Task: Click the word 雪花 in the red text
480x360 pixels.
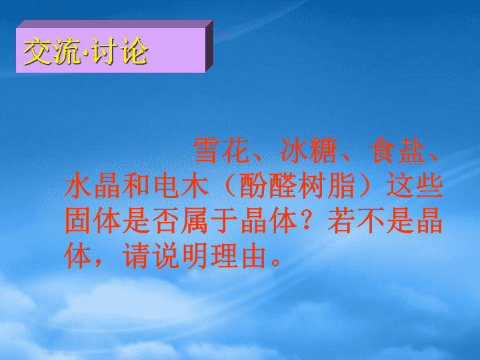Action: (x=221, y=150)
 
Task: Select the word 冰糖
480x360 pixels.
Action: (x=309, y=150)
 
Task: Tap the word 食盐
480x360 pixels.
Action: (x=397, y=150)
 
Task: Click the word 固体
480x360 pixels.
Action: (x=93, y=221)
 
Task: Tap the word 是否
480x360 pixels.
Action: (x=151, y=221)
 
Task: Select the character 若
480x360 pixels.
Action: (x=341, y=221)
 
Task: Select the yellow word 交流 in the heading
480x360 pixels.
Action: (x=51, y=51)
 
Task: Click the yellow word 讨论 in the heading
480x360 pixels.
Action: (x=120, y=51)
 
